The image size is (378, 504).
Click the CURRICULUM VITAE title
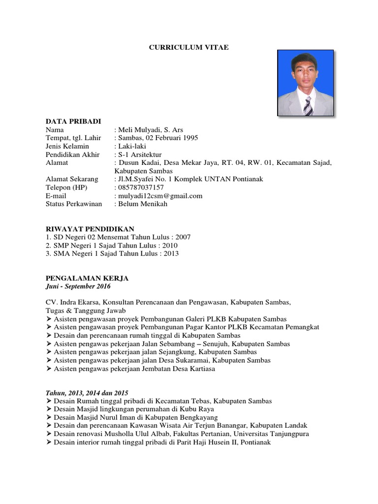click(189, 47)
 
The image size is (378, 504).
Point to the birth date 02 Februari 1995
click(171, 138)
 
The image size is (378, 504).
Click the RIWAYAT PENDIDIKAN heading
click(90, 229)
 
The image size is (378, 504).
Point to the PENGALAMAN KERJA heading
click(87, 278)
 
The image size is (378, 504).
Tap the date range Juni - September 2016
click(78, 286)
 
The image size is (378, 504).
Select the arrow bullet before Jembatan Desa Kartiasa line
click(49, 369)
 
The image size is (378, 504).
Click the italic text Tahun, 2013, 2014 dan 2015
click(87, 393)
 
